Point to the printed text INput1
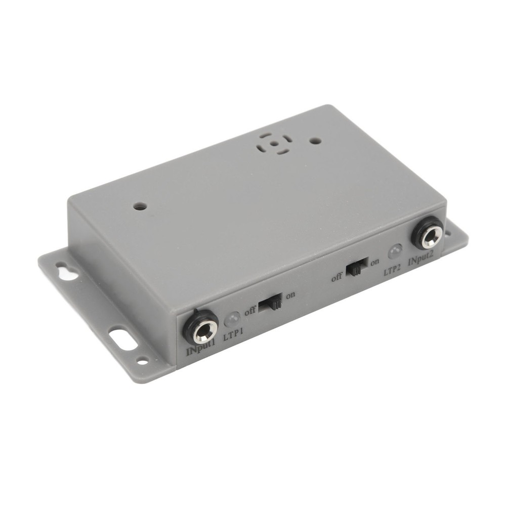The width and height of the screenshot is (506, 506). coord(201,351)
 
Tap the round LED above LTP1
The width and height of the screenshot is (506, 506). coord(232,320)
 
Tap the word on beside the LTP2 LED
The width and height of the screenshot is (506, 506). coord(375,262)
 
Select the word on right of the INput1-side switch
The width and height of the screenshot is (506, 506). coord(290,296)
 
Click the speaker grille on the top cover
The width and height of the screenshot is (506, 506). coord(274,143)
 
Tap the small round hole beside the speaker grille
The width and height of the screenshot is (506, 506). coord(315,141)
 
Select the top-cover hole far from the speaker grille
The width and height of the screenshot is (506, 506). coord(140,206)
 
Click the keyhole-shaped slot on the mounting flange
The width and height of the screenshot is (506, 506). coord(67,271)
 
